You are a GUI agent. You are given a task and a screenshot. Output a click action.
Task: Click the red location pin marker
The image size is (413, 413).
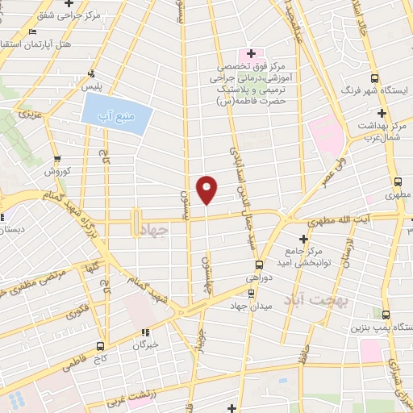click(x=207, y=189)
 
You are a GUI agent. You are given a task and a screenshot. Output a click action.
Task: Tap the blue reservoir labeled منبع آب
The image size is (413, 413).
click(x=117, y=119)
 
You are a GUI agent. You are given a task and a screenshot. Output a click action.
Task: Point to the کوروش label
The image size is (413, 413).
click(x=58, y=172)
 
